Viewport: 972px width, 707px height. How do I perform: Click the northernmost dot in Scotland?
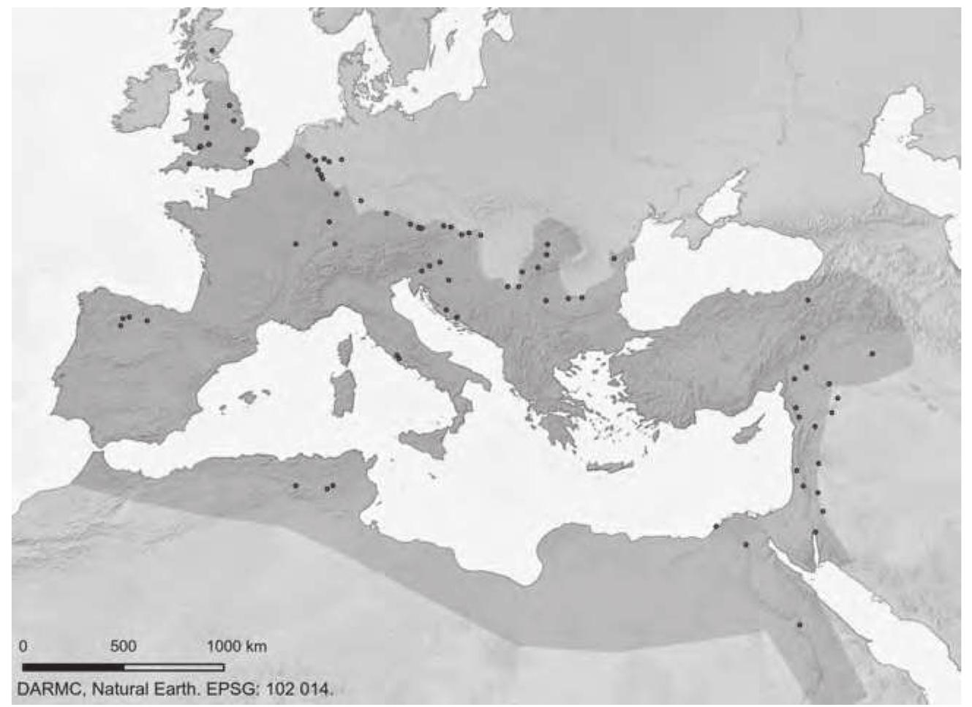coord(212,50)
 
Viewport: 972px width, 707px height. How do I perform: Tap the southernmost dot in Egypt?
coord(800,625)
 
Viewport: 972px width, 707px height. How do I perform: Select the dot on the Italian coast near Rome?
coord(398,358)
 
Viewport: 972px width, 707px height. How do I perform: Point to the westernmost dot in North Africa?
coord(295,485)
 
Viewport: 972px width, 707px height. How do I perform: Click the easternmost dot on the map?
coord(873,353)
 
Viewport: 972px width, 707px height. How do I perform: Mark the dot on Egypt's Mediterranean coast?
coord(717,526)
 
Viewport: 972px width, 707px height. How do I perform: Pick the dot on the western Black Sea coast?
coord(613,257)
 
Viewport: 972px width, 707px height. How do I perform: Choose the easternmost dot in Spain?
coord(147,320)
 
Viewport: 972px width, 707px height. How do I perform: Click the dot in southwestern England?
coord(189,163)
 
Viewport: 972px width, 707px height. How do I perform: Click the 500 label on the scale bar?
coord(124,646)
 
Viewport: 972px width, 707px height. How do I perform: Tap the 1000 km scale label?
coord(236,646)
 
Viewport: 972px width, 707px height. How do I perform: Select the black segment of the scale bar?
coord(73,667)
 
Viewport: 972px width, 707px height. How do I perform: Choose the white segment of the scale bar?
coord(174,667)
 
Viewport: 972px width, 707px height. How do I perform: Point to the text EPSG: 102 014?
coord(281,689)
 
